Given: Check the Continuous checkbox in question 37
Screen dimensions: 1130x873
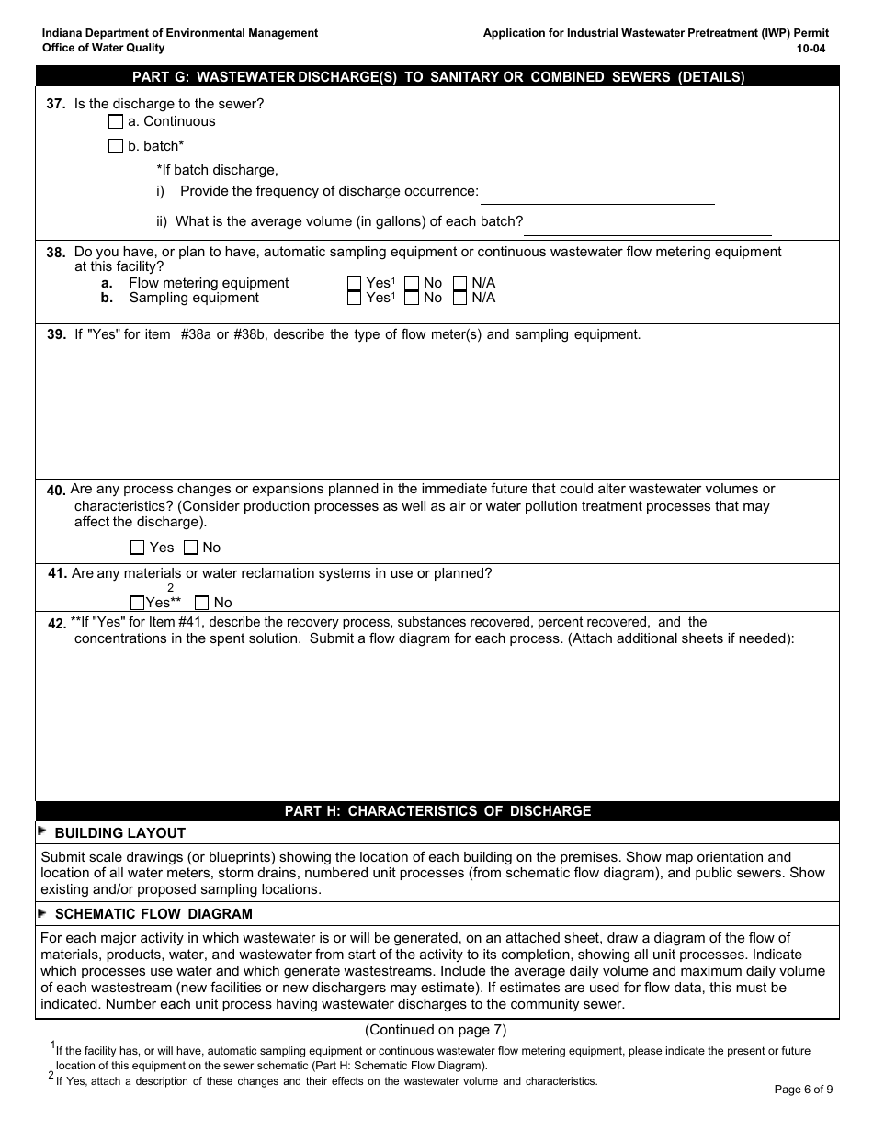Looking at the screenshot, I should tap(116, 121).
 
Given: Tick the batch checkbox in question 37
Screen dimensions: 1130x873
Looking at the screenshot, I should tap(116, 146).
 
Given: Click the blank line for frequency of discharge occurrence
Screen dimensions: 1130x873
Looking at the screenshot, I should tap(597, 194).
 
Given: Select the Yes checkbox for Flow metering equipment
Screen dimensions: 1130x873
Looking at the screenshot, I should tap(354, 283).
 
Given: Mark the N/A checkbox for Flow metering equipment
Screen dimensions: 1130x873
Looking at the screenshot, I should tap(460, 283).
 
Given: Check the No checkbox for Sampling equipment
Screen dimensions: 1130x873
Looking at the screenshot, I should tap(413, 298).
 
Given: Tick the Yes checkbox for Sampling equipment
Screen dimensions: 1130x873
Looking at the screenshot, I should tap(354, 298).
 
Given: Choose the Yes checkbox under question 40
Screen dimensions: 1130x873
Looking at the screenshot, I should tap(138, 548).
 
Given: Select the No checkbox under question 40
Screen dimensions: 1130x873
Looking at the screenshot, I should tap(191, 548).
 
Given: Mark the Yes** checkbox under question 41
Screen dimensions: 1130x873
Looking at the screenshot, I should tap(138, 603).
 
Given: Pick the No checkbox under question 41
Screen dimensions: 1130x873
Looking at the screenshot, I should tap(202, 603).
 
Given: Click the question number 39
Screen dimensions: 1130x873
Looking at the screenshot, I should tap(56, 335).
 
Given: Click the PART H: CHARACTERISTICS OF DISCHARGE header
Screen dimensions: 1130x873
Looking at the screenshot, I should tap(437, 811).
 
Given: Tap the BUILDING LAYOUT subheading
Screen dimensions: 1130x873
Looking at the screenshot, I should tap(119, 833).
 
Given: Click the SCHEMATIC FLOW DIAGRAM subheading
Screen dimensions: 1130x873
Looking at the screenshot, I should tap(153, 914).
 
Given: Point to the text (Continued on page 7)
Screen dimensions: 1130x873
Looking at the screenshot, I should tap(436, 1030).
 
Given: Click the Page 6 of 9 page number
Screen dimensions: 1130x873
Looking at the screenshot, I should tap(803, 1090).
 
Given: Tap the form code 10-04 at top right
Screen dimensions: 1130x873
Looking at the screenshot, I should tap(811, 48).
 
